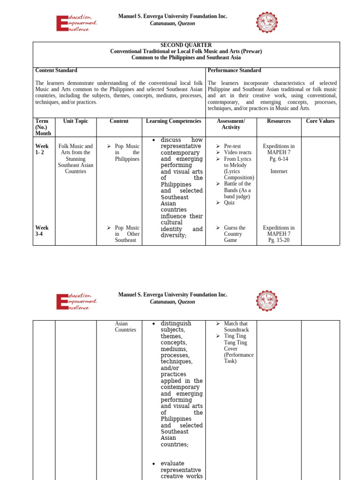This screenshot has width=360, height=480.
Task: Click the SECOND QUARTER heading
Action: point(186,45)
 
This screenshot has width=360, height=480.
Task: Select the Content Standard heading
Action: point(56,70)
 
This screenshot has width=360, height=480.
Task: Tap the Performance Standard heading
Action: point(234,70)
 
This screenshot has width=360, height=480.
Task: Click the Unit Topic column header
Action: point(75,121)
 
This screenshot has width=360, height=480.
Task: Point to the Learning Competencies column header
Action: point(173,121)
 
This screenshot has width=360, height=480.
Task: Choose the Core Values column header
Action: point(320,121)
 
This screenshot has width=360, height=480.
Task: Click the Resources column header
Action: point(278,121)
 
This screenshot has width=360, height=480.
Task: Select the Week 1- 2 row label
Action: point(42,149)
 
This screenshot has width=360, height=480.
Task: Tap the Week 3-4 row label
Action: point(42,231)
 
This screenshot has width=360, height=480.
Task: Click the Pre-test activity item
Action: point(233,146)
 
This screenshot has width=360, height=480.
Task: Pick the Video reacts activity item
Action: point(238,153)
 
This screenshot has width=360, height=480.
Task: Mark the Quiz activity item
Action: point(229,203)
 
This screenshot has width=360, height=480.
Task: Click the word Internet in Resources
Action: point(278,172)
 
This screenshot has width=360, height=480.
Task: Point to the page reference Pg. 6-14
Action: point(278,159)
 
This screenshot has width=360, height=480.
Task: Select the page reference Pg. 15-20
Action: point(278,240)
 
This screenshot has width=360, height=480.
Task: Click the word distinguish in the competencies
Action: point(176,323)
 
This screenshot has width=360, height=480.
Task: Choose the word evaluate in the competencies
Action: point(172,464)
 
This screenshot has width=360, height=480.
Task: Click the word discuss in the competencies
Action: point(171,140)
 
